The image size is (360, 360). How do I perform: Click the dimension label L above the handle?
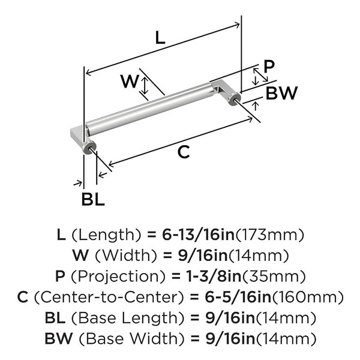coord(160,38)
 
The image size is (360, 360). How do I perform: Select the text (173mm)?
coord(274,234)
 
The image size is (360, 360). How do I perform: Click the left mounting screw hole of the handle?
coord(89,148)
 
